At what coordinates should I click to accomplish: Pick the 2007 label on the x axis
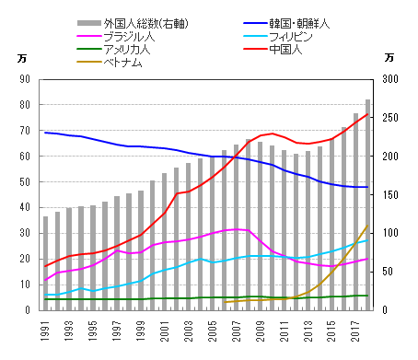[237, 328]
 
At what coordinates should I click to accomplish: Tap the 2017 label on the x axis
[356, 328]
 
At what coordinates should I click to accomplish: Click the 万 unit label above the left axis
[23, 58]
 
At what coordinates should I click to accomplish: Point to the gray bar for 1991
[46, 263]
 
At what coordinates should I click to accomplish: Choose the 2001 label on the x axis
[165, 328]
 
